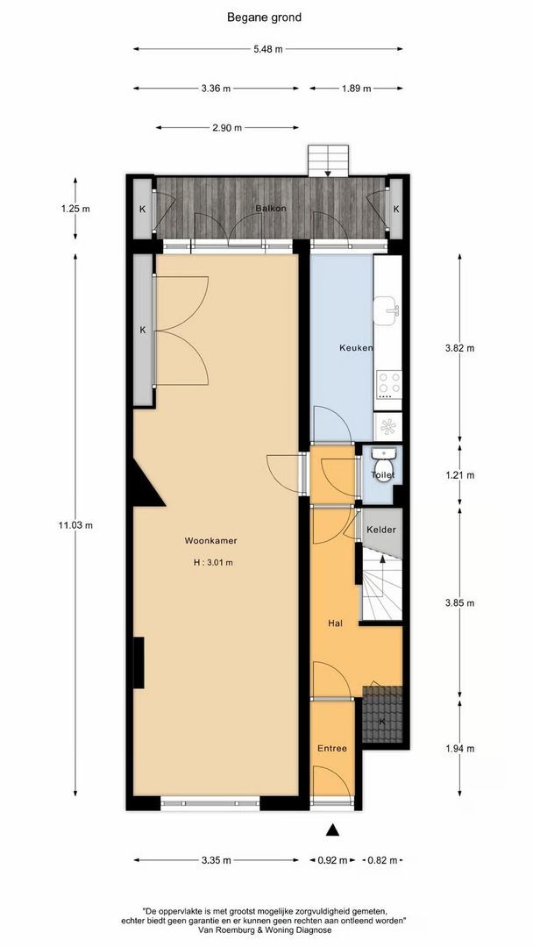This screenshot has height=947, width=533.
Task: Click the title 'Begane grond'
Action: (x=265, y=17)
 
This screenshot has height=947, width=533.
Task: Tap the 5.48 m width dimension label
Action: (x=267, y=49)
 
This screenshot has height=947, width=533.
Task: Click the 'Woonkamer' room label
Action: (x=210, y=541)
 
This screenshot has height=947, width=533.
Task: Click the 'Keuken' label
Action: (x=356, y=348)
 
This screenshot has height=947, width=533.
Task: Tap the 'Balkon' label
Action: (x=271, y=209)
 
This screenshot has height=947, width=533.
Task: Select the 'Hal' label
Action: (x=334, y=623)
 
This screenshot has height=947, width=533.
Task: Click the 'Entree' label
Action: (x=332, y=748)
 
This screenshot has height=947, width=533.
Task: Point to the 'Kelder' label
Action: (x=381, y=530)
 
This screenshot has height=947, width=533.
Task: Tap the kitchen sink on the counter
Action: (x=387, y=308)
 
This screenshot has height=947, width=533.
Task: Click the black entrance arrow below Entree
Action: (x=332, y=830)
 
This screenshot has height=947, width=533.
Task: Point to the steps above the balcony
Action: (x=328, y=160)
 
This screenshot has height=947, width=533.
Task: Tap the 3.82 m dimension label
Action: (x=458, y=348)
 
